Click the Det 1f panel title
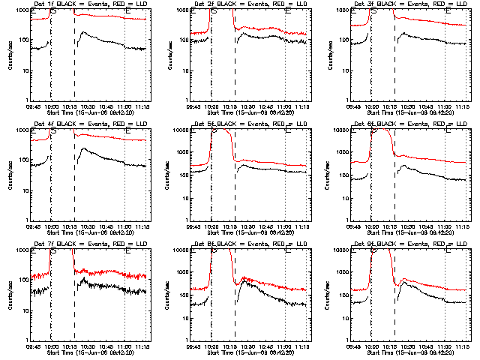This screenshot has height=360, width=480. click(91, 5)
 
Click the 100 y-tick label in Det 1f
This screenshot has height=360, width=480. click(23, 40)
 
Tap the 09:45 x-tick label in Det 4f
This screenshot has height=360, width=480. click(34, 227)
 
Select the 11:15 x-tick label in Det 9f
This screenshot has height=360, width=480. click(463, 347)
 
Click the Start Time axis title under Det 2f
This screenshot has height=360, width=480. click(250, 113)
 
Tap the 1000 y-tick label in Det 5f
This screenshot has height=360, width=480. click(183, 160)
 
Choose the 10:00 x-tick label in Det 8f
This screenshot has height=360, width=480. click(212, 347)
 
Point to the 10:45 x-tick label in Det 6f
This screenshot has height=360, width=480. click(427, 227)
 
